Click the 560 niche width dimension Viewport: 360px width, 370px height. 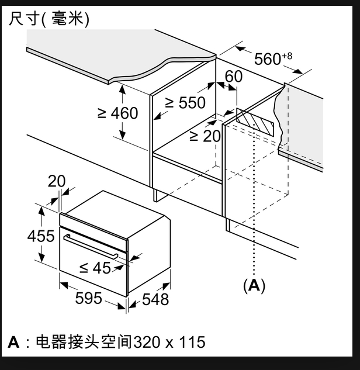click(x=268, y=59)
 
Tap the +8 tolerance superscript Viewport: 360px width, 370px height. click(x=287, y=56)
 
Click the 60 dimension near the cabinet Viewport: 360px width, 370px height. click(x=233, y=77)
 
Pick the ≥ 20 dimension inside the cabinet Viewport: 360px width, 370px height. click(x=205, y=136)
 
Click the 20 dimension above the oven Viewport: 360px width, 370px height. click(x=57, y=181)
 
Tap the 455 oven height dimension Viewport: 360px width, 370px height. click(x=41, y=236)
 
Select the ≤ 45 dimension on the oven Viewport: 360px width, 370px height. click(x=95, y=268)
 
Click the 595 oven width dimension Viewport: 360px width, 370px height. click(x=88, y=298)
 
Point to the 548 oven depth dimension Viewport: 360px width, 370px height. click(x=155, y=299)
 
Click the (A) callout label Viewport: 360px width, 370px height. click(x=254, y=285)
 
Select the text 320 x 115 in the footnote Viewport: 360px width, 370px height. click(x=169, y=342)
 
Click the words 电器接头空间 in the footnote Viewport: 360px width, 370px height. click(x=84, y=342)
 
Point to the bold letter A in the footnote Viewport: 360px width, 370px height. click(x=13, y=342)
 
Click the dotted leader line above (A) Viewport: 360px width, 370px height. click(x=254, y=205)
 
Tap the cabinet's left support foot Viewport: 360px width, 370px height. click(x=156, y=195)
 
